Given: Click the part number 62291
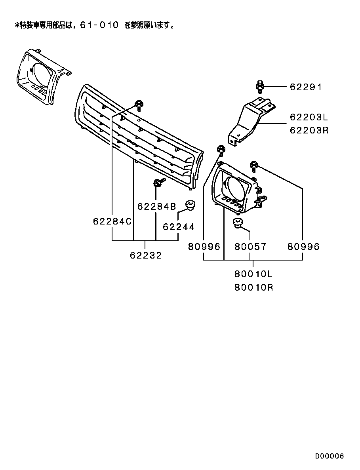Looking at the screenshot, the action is pyautogui.click(x=305, y=87).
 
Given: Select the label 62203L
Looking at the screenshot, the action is pyautogui.click(x=309, y=117).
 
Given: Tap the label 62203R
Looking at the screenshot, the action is pyautogui.click(x=309, y=130).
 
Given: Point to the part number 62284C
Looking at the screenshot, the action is pyautogui.click(x=112, y=221).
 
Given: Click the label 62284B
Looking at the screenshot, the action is pyautogui.click(x=156, y=206).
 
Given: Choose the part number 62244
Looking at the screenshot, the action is pyautogui.click(x=179, y=226).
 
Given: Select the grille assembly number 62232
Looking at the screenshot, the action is pyautogui.click(x=146, y=255).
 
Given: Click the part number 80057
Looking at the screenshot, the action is pyautogui.click(x=250, y=247).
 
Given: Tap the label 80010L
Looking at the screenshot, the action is pyautogui.click(x=253, y=274).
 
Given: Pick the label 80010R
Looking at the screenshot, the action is pyautogui.click(x=253, y=288).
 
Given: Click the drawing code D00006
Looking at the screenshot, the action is pyautogui.click(x=330, y=456).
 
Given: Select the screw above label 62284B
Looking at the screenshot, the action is pyautogui.click(x=158, y=183).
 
